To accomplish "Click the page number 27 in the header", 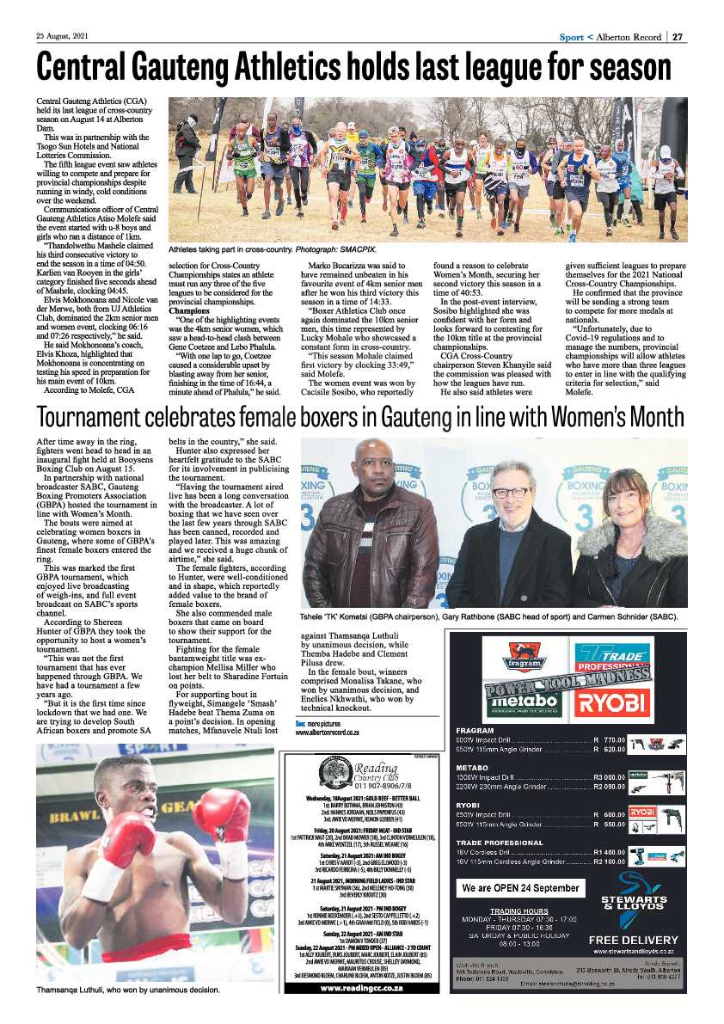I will (678, 37).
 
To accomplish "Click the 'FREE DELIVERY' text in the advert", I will (633, 940).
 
